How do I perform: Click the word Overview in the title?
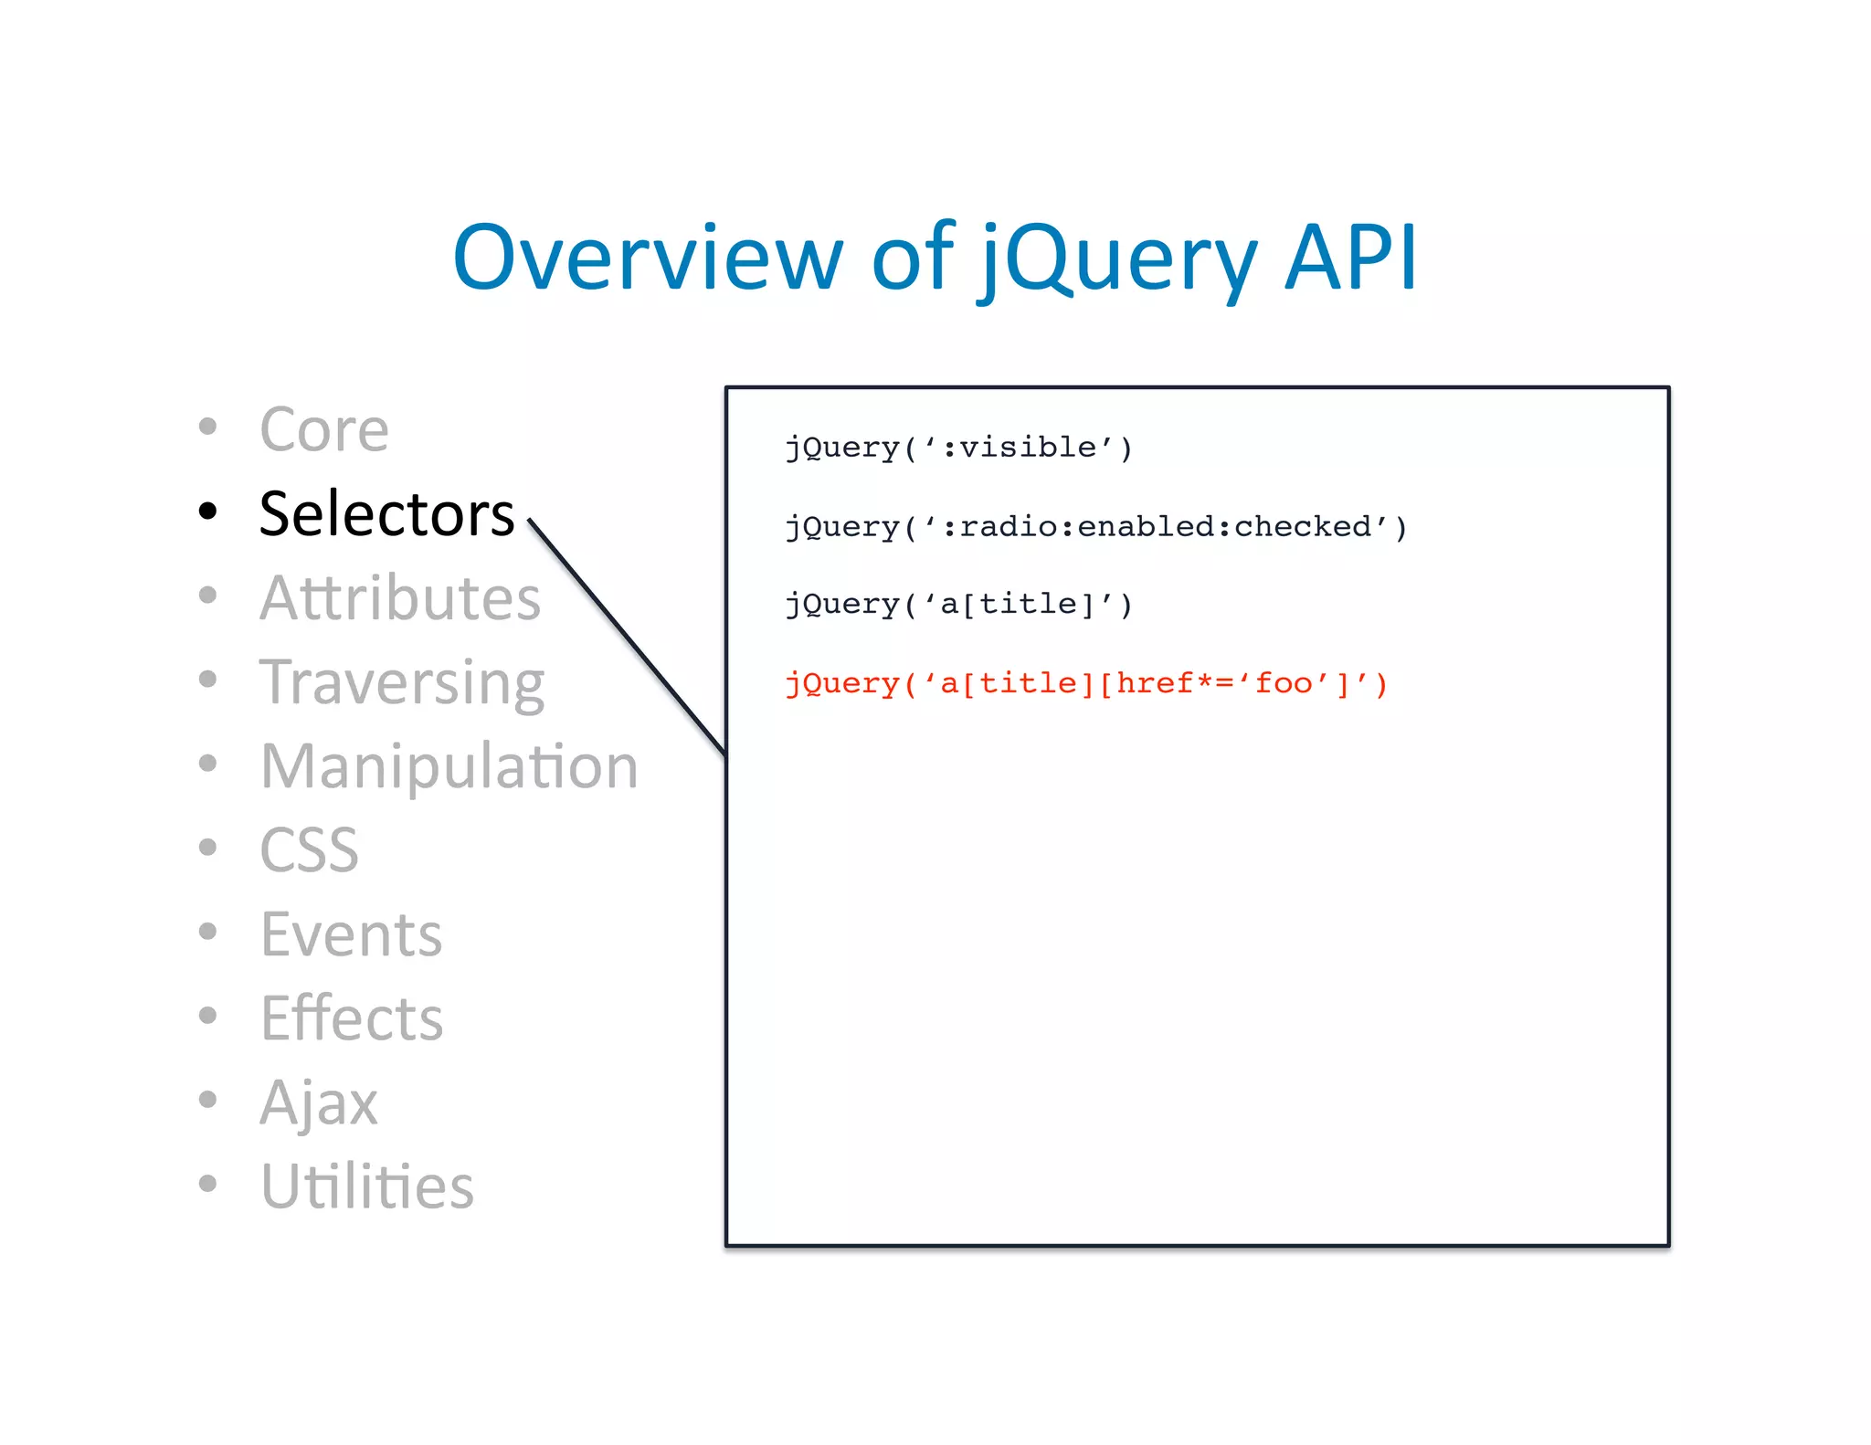647,258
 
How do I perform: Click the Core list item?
324,429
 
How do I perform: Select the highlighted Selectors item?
386,513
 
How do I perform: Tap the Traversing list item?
402,682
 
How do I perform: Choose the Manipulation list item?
449,766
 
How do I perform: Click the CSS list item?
309,850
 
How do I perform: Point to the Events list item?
351,934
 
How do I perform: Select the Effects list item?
352,1018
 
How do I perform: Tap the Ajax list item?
319,1103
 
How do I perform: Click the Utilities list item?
367,1187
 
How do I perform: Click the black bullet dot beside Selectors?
208,511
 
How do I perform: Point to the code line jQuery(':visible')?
958,448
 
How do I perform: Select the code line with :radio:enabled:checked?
1095,527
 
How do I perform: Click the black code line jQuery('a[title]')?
958,605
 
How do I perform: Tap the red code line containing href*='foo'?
1086,683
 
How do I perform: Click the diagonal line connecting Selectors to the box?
628,638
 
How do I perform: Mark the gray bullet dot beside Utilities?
208,1184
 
